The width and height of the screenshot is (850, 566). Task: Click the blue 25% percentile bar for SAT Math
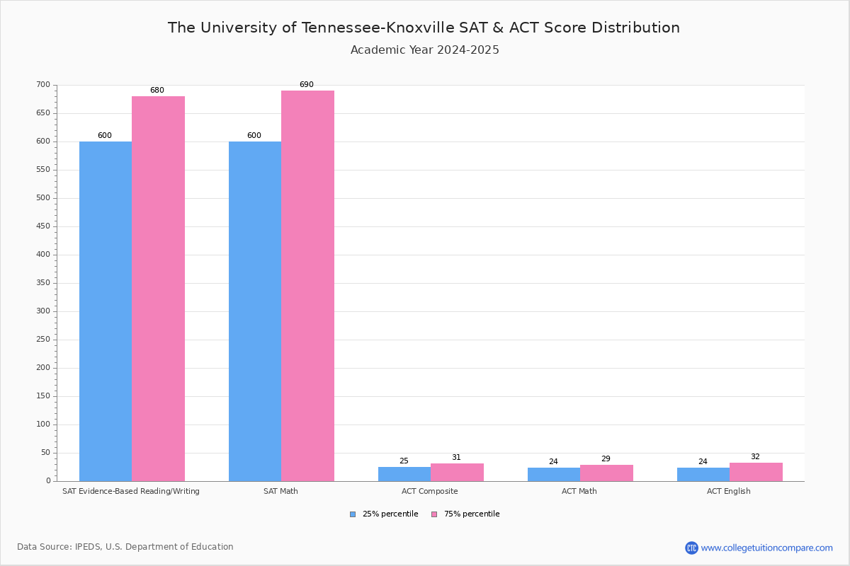pyautogui.click(x=255, y=311)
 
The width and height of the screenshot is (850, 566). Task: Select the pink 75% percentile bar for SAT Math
pyautogui.click(x=307, y=286)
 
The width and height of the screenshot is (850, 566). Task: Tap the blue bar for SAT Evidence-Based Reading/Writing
pyautogui.click(x=106, y=311)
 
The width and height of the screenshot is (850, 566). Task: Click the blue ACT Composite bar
pyautogui.click(x=404, y=474)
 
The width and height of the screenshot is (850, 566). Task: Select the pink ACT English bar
pyautogui.click(x=756, y=472)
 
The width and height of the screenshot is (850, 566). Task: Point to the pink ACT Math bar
pyautogui.click(x=606, y=473)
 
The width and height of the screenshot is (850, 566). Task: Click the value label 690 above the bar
pyautogui.click(x=306, y=85)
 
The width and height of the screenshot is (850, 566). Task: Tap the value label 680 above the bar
pyautogui.click(x=157, y=91)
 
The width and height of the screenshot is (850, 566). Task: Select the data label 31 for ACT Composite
pyautogui.click(x=456, y=458)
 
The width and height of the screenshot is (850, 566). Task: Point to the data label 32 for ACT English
pyautogui.click(x=755, y=457)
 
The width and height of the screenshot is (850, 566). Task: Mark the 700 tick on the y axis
pyautogui.click(x=43, y=85)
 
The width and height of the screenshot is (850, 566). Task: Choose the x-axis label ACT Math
pyautogui.click(x=579, y=491)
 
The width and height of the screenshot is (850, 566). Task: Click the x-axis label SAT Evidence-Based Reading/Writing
pyautogui.click(x=131, y=491)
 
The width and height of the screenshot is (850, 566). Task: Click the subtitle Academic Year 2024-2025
pyautogui.click(x=425, y=50)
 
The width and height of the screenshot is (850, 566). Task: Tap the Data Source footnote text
pyautogui.click(x=125, y=547)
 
